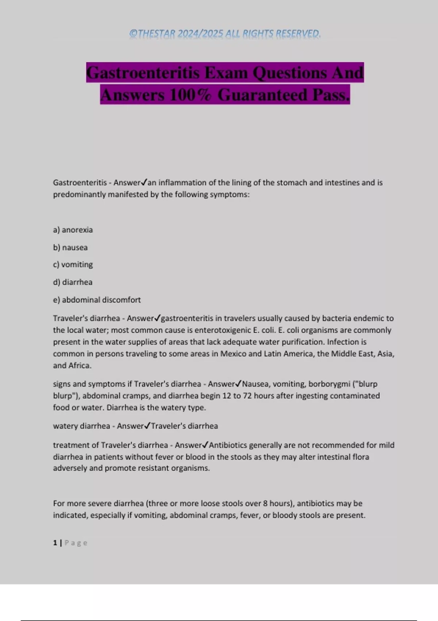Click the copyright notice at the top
click(x=225, y=34)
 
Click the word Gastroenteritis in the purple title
click(x=143, y=72)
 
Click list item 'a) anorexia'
click(x=73, y=230)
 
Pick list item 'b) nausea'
click(x=70, y=247)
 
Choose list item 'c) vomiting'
click(x=73, y=264)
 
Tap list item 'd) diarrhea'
click(x=73, y=282)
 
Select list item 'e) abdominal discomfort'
click(x=97, y=300)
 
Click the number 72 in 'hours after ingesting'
click(x=247, y=396)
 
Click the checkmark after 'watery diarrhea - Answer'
click(x=147, y=426)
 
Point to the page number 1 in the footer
click(x=55, y=543)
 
